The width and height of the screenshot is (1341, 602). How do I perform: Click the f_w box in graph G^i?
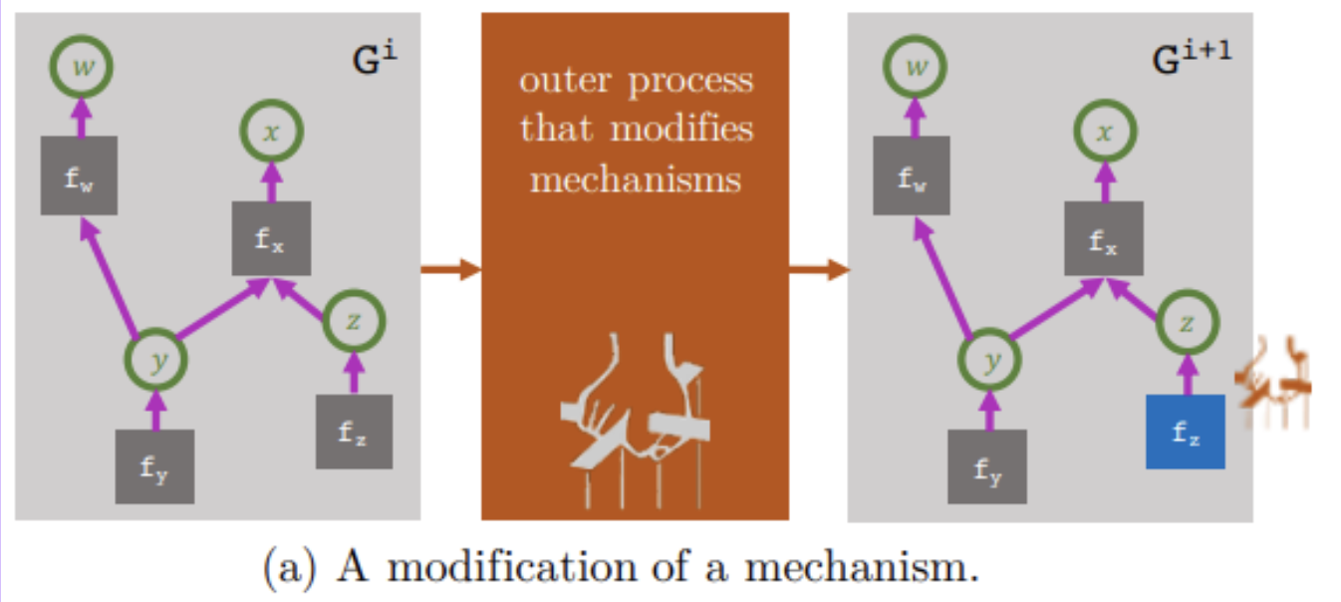80,175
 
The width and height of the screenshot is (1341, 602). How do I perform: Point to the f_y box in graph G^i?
154,466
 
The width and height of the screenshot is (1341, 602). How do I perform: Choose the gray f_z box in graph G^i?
353,432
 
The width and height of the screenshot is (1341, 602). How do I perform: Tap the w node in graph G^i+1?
913,67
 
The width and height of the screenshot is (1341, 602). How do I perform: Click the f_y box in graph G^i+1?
987,466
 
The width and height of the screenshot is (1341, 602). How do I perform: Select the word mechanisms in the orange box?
635,178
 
